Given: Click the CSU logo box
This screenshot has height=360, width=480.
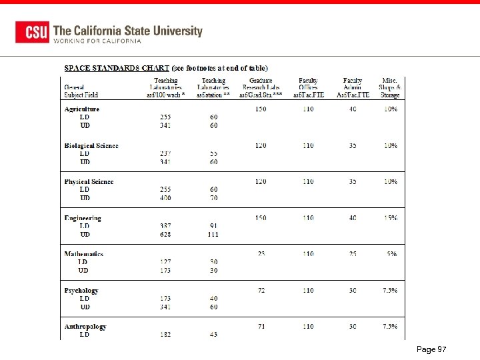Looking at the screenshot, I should tap(32, 32).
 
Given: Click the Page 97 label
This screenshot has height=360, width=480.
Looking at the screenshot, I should tap(431, 349).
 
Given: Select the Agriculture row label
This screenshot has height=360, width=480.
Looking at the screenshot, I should tap(81, 109).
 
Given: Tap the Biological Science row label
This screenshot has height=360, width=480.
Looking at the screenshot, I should tap(91, 145).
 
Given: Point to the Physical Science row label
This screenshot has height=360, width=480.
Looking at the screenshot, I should tap(89, 181).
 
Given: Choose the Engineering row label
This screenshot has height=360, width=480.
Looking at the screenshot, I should tap(83, 218).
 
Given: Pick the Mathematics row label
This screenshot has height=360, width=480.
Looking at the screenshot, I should tap(84, 254).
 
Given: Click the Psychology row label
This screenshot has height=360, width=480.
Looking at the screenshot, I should tap(81, 290).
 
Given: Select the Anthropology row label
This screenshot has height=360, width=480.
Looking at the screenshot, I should tap(85, 326).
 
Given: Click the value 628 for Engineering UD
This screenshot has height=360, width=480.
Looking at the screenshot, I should tap(165, 234).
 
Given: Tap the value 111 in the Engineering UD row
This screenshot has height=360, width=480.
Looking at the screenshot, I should tap(213, 234).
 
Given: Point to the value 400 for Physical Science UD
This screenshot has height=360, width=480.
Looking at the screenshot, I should tap(165, 198).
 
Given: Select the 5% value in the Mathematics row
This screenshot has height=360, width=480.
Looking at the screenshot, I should tap(393, 254).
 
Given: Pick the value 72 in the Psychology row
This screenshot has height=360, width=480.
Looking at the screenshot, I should tap(261, 290).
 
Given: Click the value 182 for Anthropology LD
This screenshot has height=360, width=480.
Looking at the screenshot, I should tap(165, 335).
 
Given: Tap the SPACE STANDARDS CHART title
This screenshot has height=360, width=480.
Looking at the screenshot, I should tap(117, 68).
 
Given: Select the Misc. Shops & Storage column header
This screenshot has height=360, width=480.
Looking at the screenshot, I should tap(390, 87).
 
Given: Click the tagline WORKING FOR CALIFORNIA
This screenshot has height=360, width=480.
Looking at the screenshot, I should tap(97, 41).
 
